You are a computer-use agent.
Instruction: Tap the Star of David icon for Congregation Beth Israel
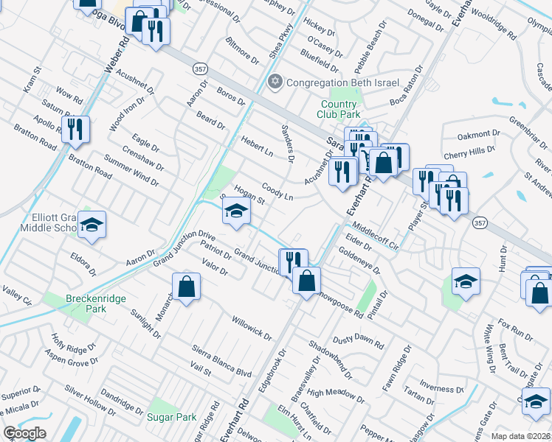[x=276, y=81]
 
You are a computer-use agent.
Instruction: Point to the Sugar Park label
[x=172, y=417]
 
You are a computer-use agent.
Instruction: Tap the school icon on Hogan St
[x=236, y=212]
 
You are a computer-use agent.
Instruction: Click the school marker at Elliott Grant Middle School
[x=92, y=225]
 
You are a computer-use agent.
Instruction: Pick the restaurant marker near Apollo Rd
[x=75, y=130]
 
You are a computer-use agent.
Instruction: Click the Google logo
[x=24, y=433]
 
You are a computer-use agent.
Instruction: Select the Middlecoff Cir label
[x=376, y=234]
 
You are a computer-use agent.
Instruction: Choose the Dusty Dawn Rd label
[x=358, y=341]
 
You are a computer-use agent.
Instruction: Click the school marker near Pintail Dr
[x=466, y=282]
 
